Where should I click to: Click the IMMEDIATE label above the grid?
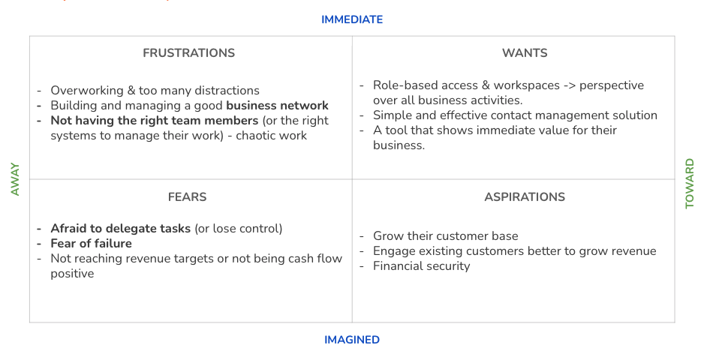352,19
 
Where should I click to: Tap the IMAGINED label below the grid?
352,340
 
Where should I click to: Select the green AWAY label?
15,179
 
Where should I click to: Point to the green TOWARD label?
690,183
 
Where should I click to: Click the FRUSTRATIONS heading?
188,53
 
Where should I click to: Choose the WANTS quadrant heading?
525,53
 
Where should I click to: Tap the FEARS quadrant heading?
187,197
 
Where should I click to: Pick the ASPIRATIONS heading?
525,197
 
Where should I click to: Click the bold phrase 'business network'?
277,106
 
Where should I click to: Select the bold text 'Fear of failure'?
91,243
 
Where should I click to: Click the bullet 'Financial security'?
421,266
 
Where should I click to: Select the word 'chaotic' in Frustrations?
257,136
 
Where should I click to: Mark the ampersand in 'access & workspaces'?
485,85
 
